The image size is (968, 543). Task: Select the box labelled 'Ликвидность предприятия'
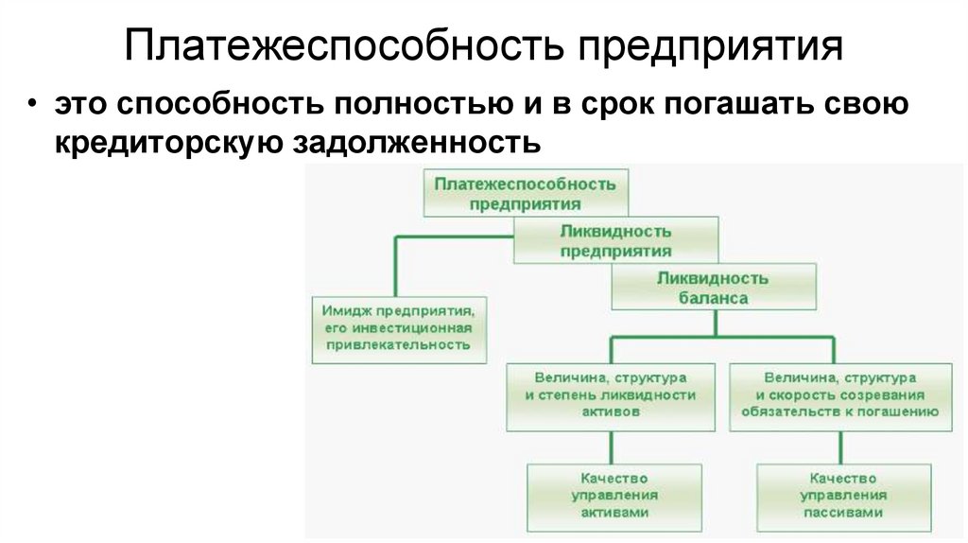[x=615, y=240]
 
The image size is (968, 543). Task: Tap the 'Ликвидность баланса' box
[x=713, y=288]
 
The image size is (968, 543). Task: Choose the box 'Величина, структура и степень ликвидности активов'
[x=610, y=394]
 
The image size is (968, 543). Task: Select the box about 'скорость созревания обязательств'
[x=839, y=394]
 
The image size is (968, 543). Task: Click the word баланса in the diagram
[x=713, y=297]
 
